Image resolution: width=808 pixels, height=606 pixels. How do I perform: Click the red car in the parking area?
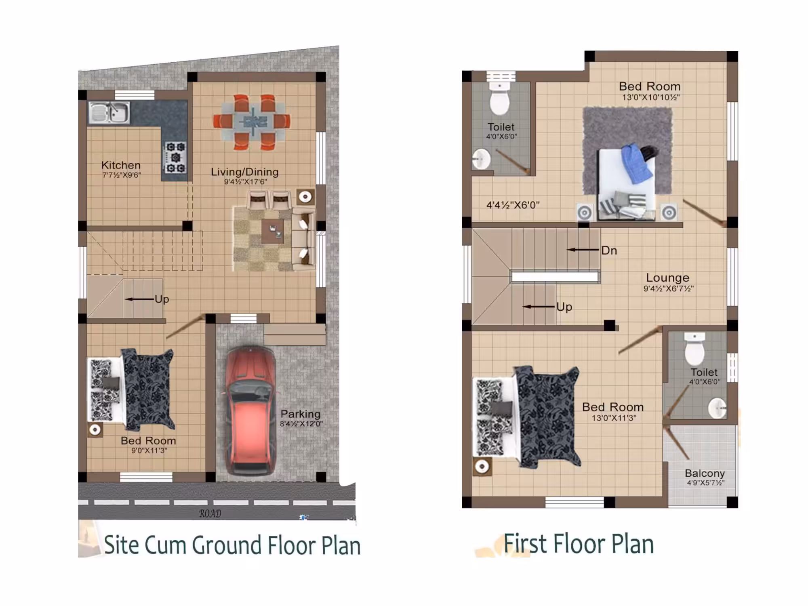pos(250,410)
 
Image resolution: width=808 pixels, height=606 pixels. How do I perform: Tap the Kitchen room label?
pos(121,165)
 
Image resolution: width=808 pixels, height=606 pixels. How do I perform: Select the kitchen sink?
pos(109,112)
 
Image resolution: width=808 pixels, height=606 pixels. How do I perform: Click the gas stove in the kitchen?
pos(175,157)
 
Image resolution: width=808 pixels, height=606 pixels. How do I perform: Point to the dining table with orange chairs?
pos(252,121)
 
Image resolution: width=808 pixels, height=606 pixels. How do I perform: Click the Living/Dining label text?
pos(245,172)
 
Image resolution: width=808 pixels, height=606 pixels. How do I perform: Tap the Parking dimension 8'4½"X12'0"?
pos(301,424)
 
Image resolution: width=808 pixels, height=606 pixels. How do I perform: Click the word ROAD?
pos(210,513)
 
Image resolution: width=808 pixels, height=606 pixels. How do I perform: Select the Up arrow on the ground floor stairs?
pos(139,299)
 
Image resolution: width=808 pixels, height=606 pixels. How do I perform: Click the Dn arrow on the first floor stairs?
pos(583,250)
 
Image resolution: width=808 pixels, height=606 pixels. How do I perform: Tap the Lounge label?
pos(667,278)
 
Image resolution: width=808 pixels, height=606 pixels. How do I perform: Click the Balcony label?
pos(705,473)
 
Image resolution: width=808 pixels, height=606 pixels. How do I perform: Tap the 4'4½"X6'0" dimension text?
pos(513,205)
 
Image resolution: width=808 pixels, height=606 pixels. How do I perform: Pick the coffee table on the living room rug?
pos(272,231)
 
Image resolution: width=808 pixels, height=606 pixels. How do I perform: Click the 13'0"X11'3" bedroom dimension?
pos(614,418)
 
